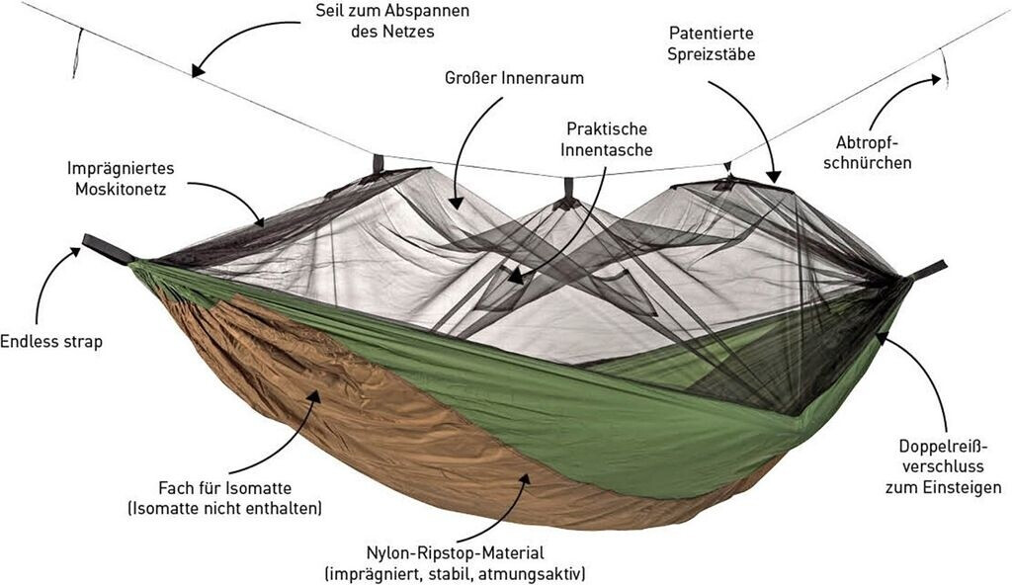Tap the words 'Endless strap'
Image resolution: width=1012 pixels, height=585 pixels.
[51, 342]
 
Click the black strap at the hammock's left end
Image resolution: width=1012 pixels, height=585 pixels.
[106, 248]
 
